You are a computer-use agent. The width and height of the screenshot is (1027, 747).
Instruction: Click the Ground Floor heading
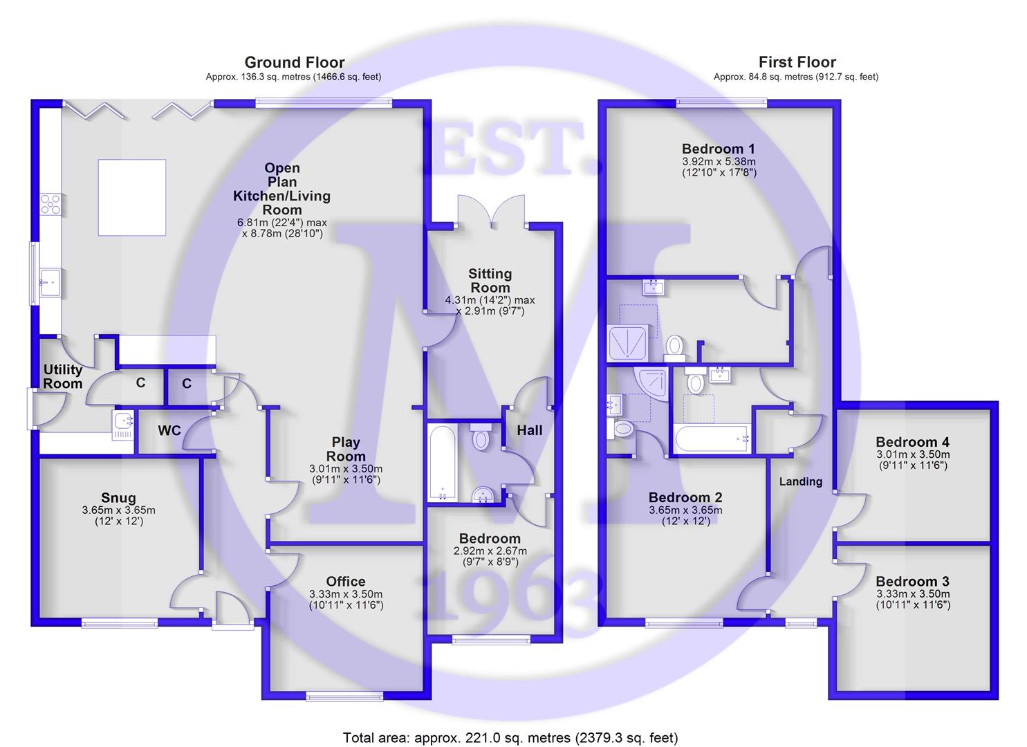(294, 63)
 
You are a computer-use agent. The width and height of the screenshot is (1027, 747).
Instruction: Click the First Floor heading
(797, 63)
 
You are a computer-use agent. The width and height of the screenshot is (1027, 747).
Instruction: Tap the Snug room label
(118, 498)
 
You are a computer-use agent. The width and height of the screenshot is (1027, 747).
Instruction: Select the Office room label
(346, 582)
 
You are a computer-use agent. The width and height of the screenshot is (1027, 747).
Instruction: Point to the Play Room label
(346, 449)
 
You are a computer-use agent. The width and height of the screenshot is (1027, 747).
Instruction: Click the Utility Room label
(63, 377)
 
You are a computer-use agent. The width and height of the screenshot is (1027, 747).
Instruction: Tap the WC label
(169, 431)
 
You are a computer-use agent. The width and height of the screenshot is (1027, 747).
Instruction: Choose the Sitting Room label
(490, 281)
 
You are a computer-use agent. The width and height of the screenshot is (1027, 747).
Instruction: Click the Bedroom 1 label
(718, 149)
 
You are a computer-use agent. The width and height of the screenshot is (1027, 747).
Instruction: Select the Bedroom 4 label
(912, 442)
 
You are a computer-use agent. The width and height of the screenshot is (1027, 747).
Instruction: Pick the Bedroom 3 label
(912, 582)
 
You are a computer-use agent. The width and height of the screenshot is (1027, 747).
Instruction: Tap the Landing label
(801, 481)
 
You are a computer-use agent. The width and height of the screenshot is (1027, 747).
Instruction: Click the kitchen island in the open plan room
(131, 198)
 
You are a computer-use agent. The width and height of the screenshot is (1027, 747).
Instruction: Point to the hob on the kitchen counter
(50, 203)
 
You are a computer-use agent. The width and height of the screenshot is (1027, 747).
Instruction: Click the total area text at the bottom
(510, 737)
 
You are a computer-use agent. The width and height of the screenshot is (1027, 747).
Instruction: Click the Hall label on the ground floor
(530, 430)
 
